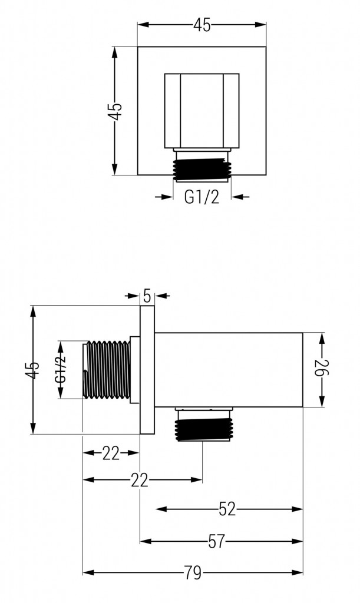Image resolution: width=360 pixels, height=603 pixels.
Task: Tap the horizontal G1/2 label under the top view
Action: click(x=202, y=197)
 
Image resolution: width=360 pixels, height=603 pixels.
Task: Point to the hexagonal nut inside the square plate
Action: click(x=202, y=111)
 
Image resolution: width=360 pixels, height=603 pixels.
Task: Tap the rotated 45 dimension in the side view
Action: click(x=34, y=370)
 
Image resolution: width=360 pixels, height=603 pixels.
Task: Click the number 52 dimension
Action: click(x=227, y=509)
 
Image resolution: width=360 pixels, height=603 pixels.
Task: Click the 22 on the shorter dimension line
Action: click(x=111, y=453)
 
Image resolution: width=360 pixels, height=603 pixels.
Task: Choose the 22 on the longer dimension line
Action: click(x=139, y=481)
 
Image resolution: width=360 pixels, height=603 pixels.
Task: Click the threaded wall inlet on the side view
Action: click(x=107, y=370)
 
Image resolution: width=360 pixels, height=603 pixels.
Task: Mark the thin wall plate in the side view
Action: click(x=147, y=370)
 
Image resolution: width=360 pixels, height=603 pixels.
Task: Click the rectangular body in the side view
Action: click(x=229, y=370)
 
